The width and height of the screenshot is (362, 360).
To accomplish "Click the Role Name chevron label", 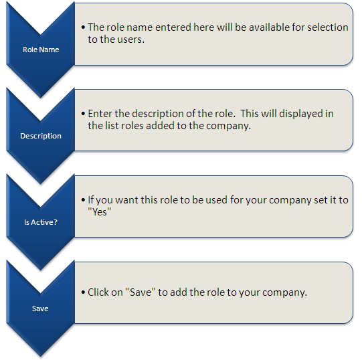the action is pos(41,50).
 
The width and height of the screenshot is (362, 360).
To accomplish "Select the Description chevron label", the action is pos(41,136).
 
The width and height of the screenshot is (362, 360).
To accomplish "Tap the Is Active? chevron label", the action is pos(41,222).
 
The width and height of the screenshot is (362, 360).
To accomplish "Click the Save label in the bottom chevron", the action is pos(40,308).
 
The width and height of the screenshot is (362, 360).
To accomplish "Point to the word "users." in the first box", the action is pos(131,39).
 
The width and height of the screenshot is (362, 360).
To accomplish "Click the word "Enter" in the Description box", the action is pos(100,114).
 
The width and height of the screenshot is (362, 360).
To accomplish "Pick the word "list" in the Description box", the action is pos(112,126).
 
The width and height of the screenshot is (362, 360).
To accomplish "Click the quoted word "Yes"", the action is pos(100,212).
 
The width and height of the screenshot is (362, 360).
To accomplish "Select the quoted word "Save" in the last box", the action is pos(141,292).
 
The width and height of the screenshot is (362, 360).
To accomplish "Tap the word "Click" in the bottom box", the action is pos(98,292).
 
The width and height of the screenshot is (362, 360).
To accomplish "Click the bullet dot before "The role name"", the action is pos(84,27).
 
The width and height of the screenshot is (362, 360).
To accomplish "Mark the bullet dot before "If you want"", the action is pos(84,200).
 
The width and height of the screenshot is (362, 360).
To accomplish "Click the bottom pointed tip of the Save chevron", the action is pos(40,357).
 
